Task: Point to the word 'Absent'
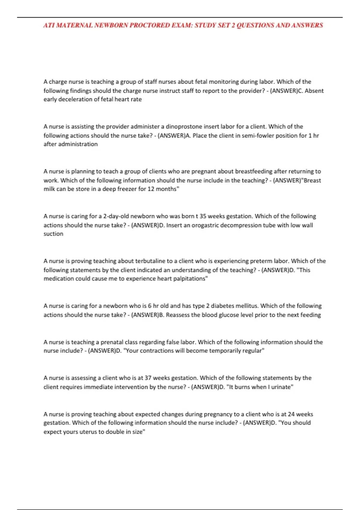click(314, 91)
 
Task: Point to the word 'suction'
click(53, 234)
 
